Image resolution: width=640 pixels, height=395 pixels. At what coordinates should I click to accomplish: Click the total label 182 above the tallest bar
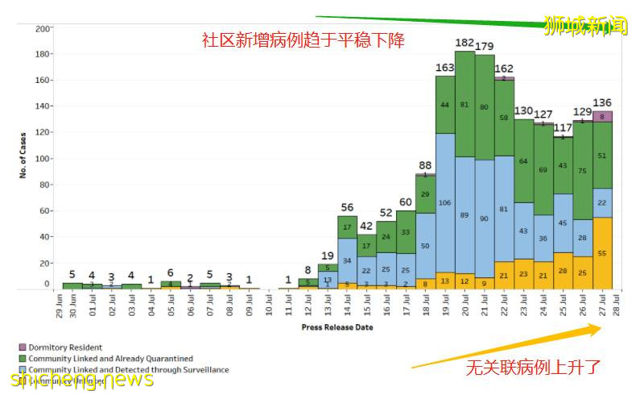[465, 42]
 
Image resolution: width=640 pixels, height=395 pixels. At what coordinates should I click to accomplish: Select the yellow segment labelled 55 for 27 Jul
[602, 253]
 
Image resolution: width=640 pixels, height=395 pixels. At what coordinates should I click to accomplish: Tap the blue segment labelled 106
[445, 202]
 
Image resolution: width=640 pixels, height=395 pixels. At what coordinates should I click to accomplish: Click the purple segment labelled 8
[602, 116]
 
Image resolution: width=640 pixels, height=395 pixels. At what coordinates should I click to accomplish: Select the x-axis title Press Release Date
[337, 327]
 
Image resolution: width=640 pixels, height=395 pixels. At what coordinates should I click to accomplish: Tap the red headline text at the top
[303, 39]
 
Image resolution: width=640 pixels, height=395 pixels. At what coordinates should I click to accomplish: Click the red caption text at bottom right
[533, 368]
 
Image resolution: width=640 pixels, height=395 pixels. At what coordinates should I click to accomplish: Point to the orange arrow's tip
[601, 326]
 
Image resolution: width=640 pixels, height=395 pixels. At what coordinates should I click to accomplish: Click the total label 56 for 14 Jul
[347, 208]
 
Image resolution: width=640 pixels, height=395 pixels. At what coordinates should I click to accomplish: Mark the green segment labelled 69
[543, 170]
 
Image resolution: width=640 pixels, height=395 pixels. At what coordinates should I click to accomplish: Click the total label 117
[563, 127]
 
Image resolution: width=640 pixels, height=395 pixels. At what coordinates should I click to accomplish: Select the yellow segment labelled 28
[563, 269]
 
